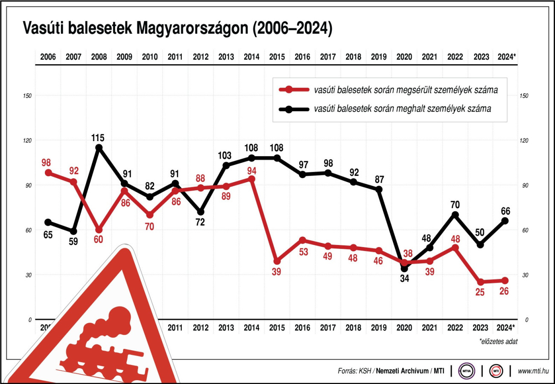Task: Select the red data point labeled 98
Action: click(x=48, y=173)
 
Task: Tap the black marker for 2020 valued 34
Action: click(x=404, y=269)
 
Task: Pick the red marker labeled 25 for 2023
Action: click(x=481, y=282)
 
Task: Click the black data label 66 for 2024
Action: click(x=505, y=211)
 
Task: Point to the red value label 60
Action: click(x=99, y=239)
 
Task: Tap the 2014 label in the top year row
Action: click(x=251, y=56)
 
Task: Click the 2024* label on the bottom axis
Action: click(x=505, y=328)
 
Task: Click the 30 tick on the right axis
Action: click(x=525, y=275)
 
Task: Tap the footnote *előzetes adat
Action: click(x=498, y=341)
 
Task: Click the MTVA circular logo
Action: click(x=466, y=371)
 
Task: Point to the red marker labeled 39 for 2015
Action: click(x=277, y=261)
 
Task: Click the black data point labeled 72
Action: click(x=201, y=212)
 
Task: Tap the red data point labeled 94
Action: click(x=252, y=179)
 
